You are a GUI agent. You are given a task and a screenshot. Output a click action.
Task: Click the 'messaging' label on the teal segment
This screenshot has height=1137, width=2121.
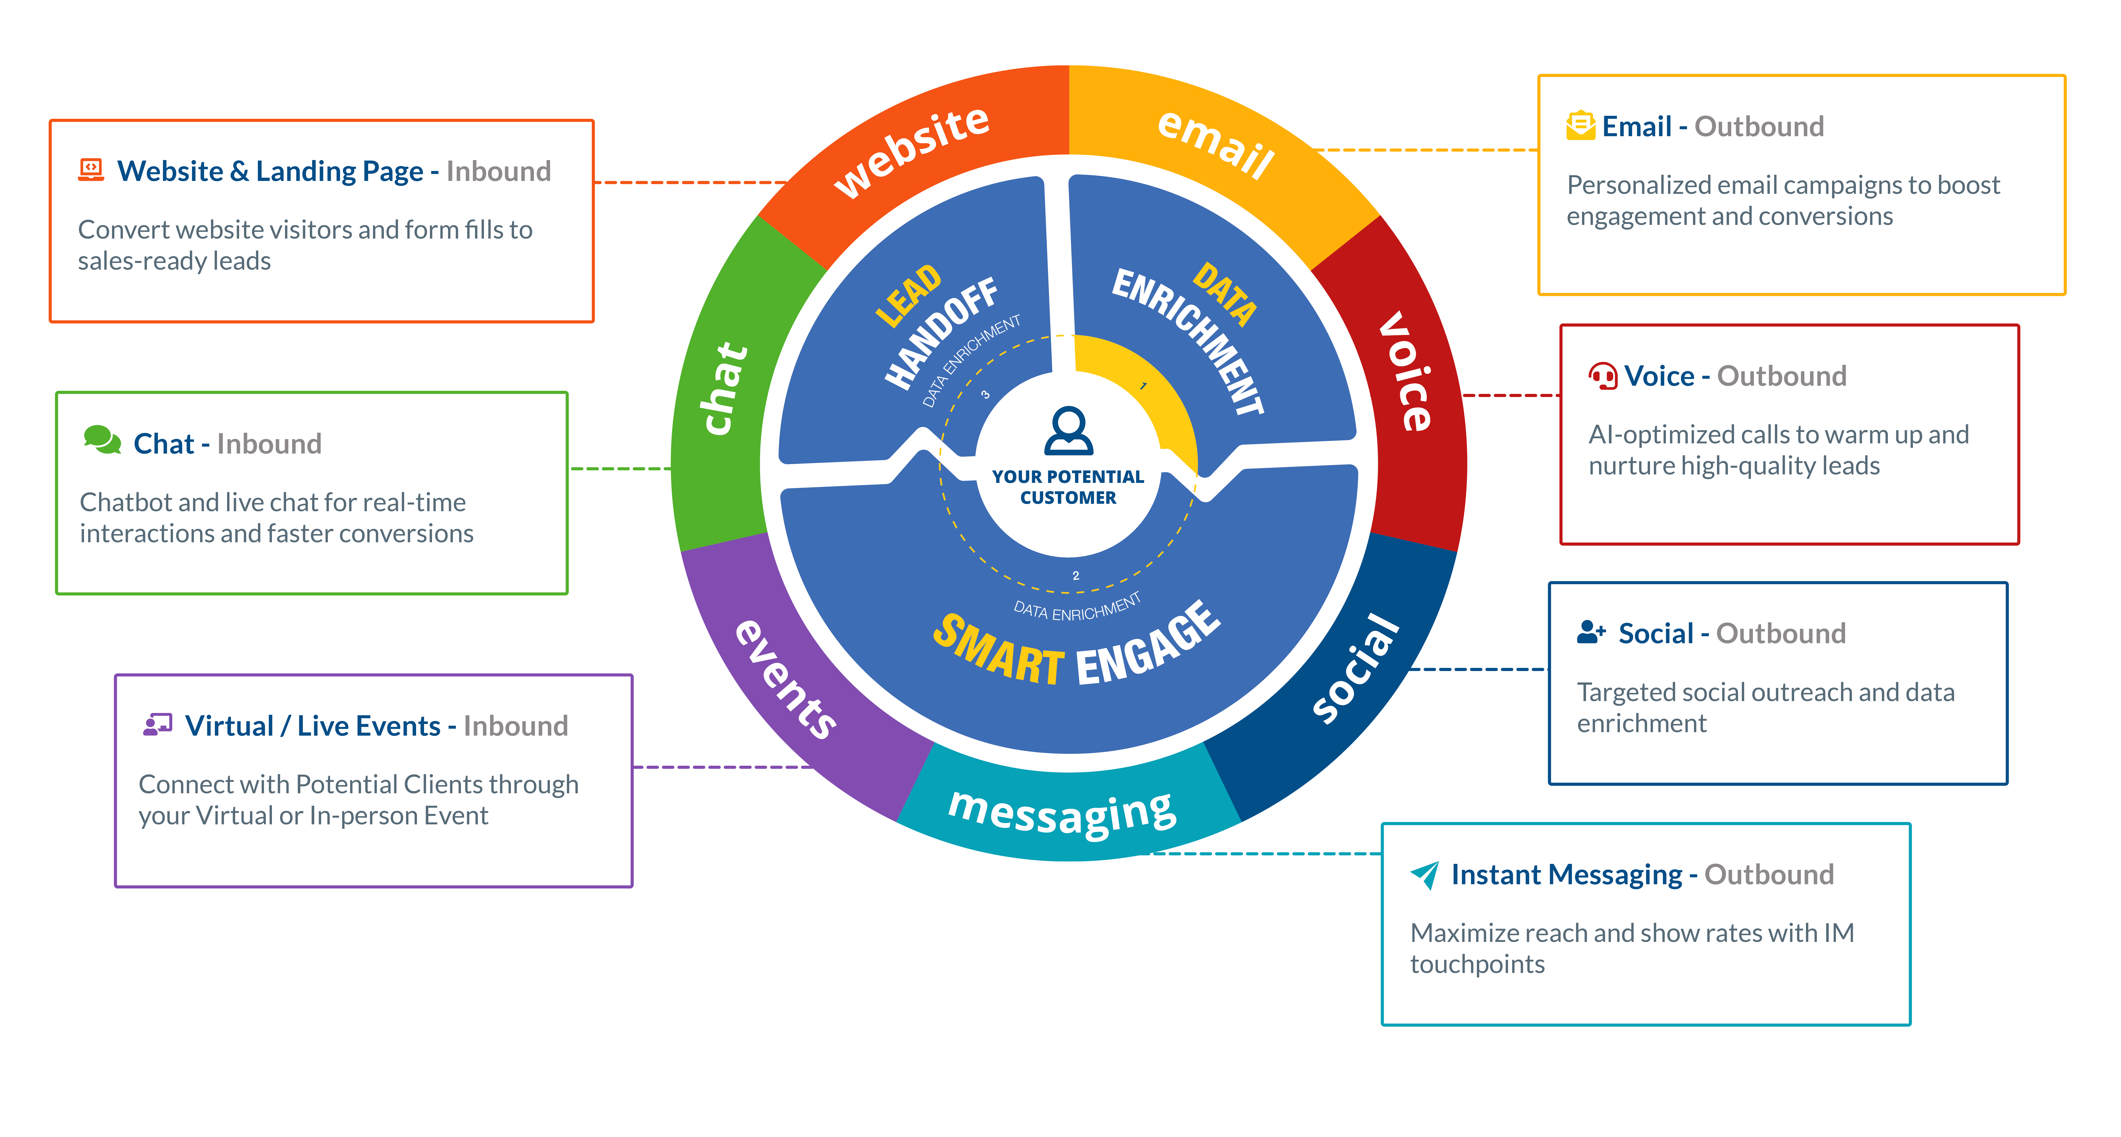pos(1062,811)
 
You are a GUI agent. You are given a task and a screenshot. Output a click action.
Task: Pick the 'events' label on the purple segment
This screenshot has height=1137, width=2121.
pos(785,679)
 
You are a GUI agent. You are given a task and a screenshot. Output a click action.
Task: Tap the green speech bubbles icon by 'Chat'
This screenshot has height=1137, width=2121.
pos(102,440)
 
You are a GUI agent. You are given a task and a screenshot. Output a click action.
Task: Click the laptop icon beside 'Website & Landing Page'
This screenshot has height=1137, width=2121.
pos(90,169)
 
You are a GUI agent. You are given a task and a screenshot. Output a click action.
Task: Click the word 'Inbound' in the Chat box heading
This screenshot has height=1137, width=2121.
pos(269,444)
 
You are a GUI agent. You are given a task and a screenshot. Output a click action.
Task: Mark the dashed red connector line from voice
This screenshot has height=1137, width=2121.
pos(1511,395)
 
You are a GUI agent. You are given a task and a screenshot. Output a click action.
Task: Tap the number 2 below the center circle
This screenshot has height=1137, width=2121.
pos(1075,576)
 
